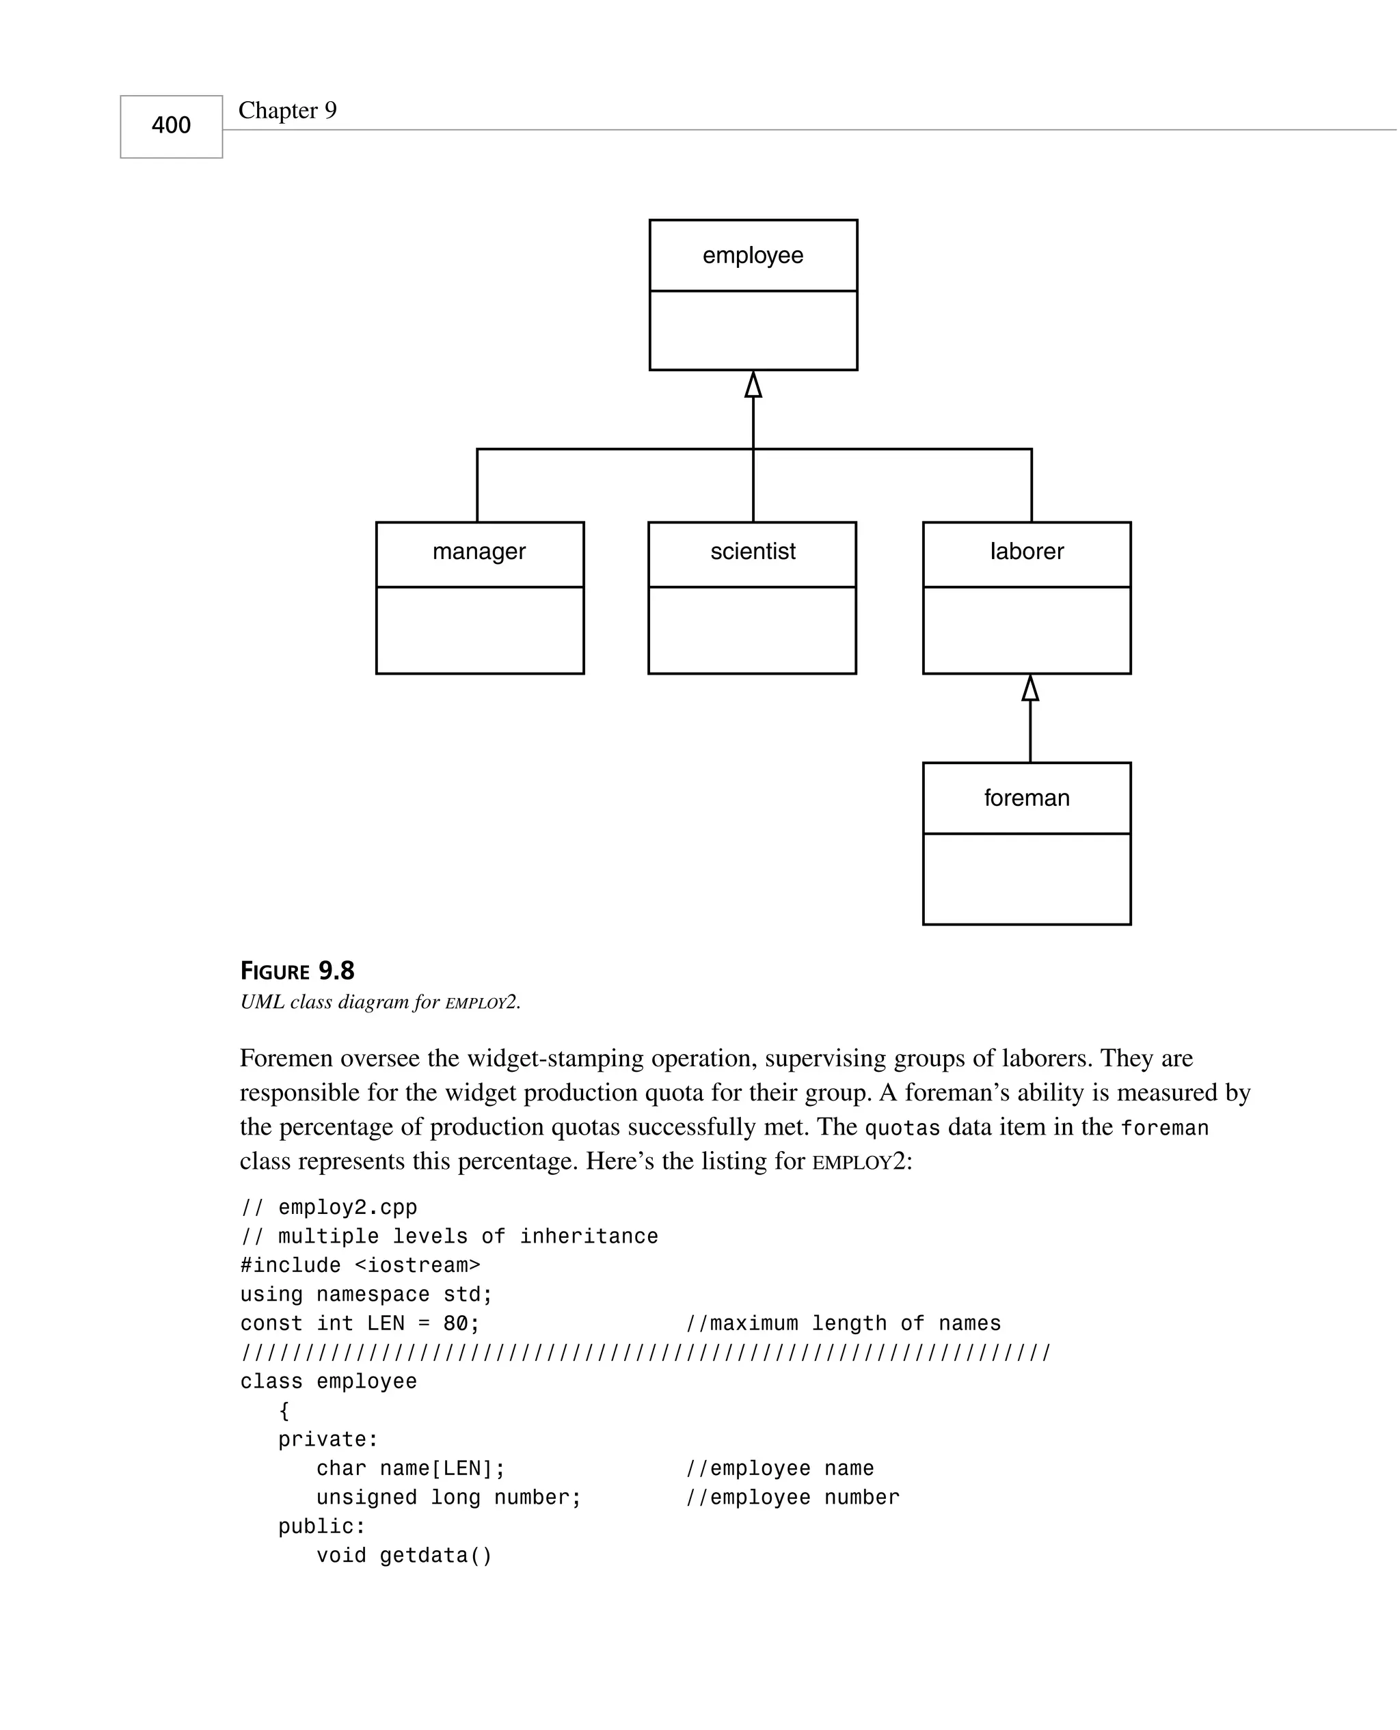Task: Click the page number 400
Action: coord(171,126)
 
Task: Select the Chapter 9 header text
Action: coord(287,111)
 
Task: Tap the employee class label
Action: coord(753,256)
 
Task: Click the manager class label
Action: coord(479,552)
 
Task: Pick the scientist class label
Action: coord(753,552)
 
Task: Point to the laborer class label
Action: coord(1027,552)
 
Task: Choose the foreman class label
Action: coord(1027,798)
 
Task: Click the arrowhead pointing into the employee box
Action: coord(753,386)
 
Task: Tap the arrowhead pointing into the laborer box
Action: coord(1030,688)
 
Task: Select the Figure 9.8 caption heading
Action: coord(297,971)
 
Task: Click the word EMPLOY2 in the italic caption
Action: coord(481,1003)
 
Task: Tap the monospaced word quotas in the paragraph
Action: coord(902,1128)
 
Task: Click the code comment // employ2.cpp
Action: coord(329,1208)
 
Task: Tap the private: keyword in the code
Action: coord(327,1440)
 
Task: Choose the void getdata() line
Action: coord(403,1556)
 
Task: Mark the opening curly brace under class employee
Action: coord(284,1411)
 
